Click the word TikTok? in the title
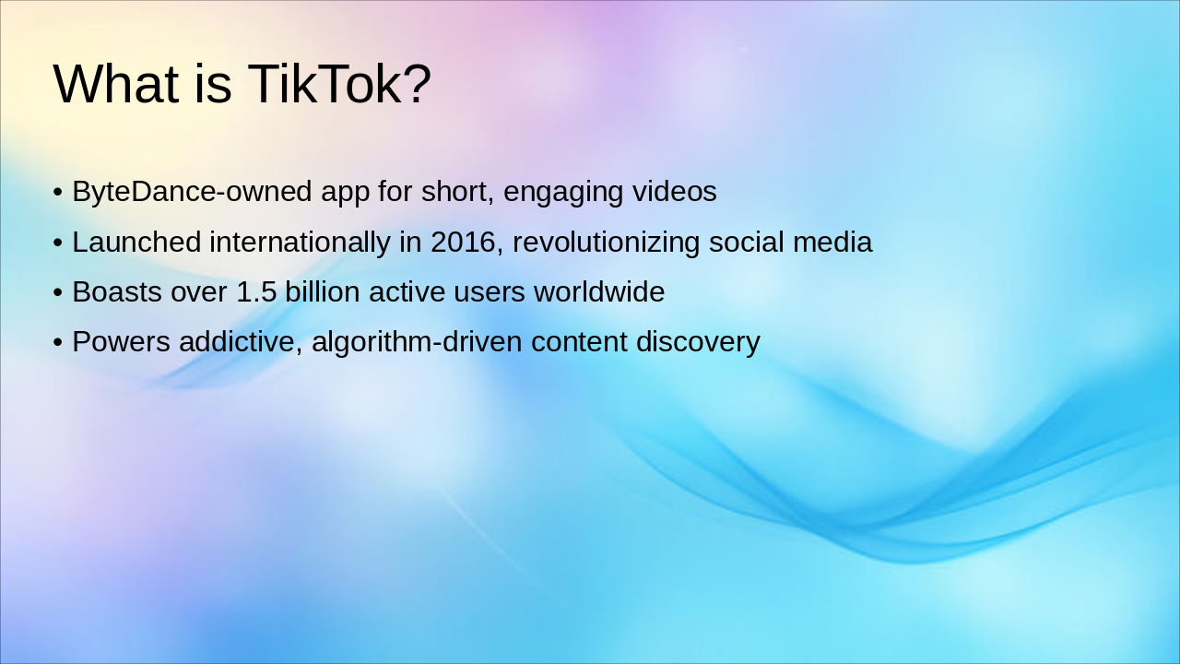point(339,84)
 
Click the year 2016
point(463,243)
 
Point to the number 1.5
point(256,292)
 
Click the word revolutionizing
point(606,243)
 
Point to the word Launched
point(136,243)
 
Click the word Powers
point(121,342)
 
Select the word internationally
point(300,243)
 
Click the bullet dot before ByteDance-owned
point(58,194)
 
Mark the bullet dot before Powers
point(58,343)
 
